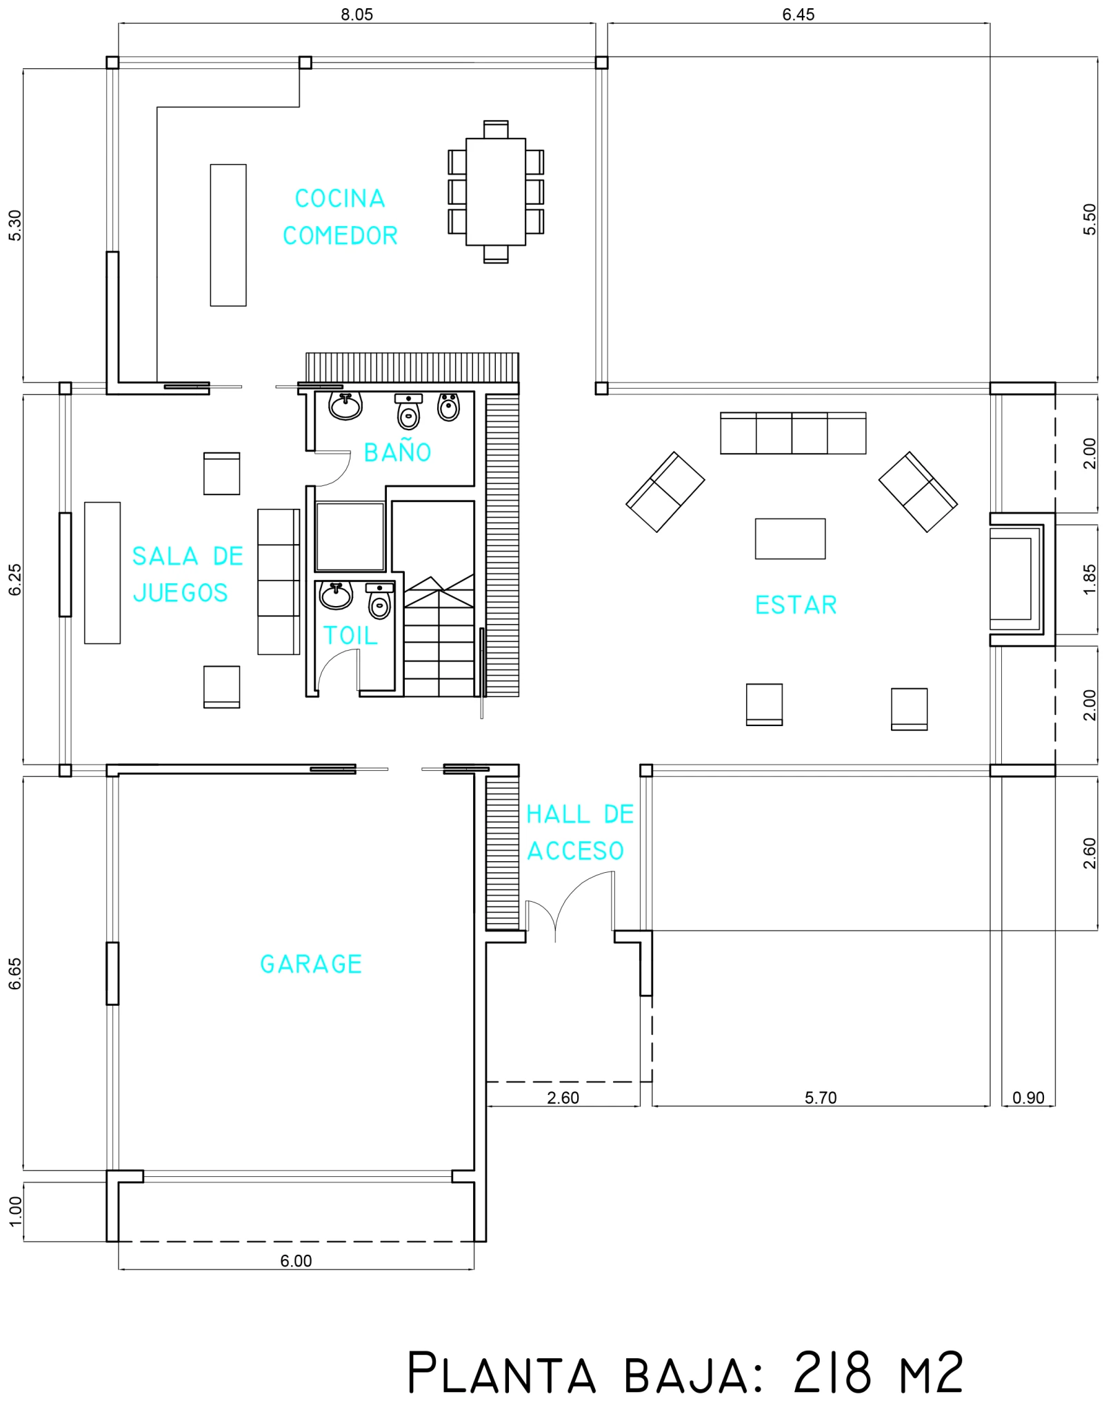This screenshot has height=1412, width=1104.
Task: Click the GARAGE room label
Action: pos(311,964)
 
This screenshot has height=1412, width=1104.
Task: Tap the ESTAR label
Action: pos(796,605)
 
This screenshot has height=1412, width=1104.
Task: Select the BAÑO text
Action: pos(397,452)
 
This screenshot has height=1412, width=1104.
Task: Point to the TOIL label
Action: pos(350,636)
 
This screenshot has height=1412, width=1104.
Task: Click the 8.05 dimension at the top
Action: pos(357,14)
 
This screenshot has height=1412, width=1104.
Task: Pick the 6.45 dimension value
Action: pos(799,14)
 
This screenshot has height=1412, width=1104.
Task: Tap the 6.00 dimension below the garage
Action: pos(296,1261)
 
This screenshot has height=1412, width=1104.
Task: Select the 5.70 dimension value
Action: pos(821,1098)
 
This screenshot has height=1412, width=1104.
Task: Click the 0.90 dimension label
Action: pos(1028,1098)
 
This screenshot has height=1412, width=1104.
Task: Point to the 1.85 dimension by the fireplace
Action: pos(1090,580)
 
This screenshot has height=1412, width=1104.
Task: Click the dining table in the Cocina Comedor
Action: pos(496,192)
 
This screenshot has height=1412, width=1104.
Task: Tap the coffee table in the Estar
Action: pos(790,538)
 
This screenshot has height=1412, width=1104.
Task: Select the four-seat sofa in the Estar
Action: pos(793,433)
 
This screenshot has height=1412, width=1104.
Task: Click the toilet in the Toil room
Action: pos(380,601)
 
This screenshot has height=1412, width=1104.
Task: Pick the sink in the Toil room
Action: pos(336,595)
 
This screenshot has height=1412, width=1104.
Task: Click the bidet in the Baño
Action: pos(449,407)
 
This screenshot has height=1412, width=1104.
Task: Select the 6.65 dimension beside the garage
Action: pos(15,974)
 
